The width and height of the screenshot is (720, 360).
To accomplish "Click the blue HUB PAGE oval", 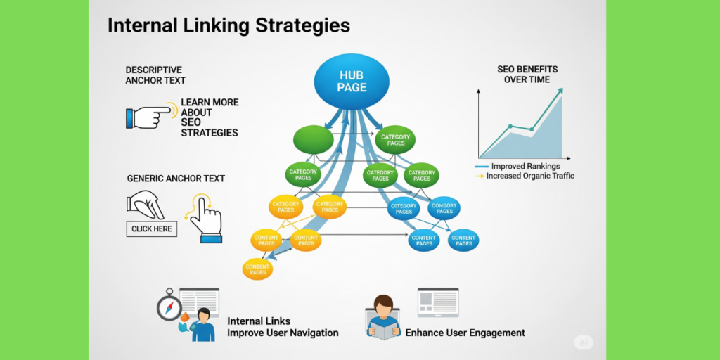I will tap(352, 81).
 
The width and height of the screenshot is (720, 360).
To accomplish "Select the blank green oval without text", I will tap(312, 139).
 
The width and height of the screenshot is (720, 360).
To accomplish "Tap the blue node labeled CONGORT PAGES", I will tap(444, 208).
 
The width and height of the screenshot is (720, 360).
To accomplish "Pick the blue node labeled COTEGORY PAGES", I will tap(404, 208).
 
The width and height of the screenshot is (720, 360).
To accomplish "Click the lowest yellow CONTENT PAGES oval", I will tap(257, 268).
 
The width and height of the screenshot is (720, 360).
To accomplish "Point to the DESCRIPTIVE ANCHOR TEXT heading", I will tap(155, 75).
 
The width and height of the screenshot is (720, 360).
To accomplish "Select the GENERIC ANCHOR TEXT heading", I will tap(176, 179).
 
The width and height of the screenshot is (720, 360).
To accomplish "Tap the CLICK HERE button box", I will tap(151, 229).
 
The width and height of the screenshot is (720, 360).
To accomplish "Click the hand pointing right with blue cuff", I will tap(150, 116).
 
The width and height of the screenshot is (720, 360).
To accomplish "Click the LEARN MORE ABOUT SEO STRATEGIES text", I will tap(210, 117).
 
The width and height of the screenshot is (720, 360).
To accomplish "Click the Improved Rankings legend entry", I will tap(524, 166).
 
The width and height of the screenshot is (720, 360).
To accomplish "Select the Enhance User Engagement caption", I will tap(465, 333).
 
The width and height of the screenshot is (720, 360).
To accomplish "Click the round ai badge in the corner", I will tap(584, 342).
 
